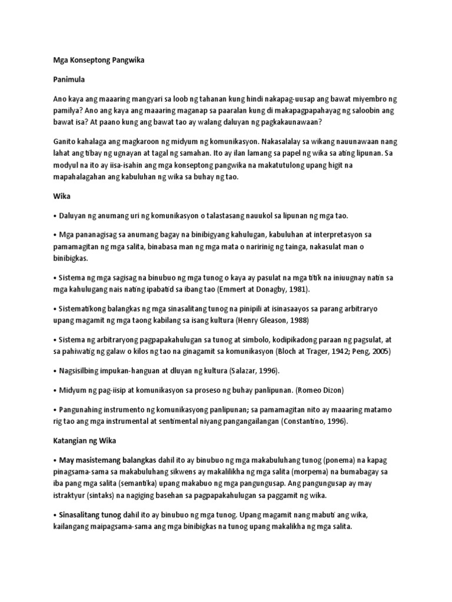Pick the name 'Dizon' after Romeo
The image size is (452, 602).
click(x=313, y=390)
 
